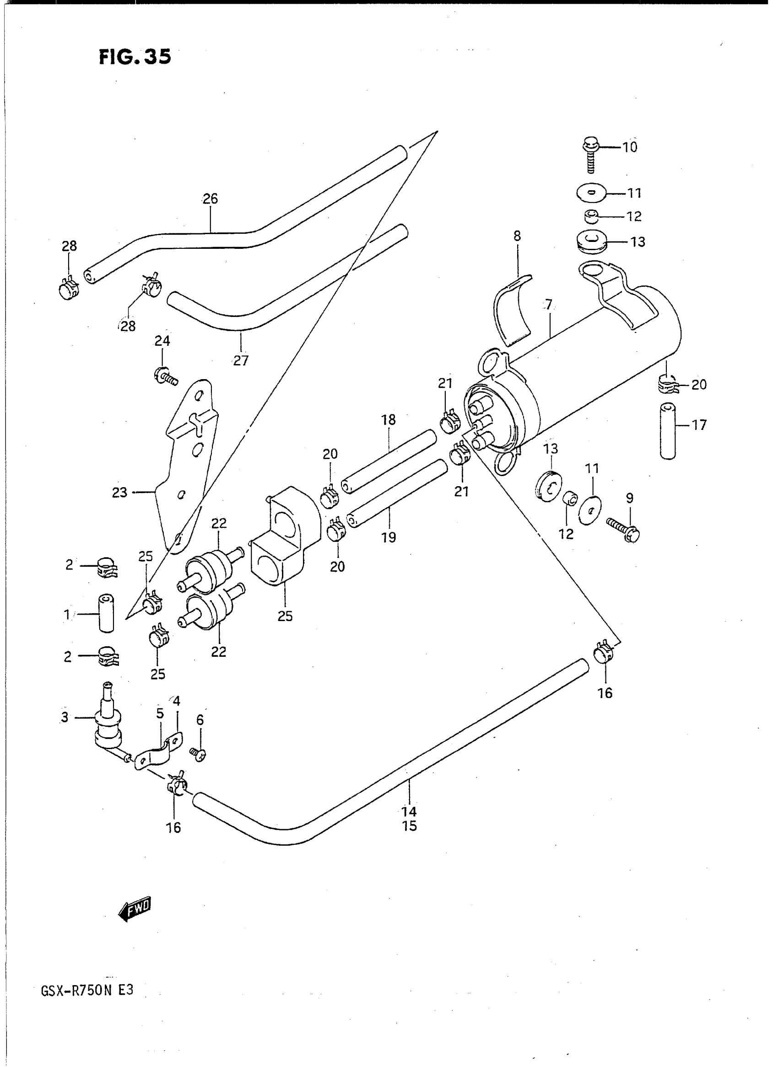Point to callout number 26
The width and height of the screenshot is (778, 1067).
210,199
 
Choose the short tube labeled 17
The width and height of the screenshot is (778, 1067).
668,430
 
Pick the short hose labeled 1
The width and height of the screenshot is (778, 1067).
106,614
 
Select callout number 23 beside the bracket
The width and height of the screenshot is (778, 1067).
119,492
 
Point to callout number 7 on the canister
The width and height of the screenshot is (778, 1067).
548,305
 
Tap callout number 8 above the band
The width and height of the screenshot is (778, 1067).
517,236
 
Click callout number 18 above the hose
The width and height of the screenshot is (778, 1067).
389,419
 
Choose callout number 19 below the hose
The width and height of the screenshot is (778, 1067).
389,537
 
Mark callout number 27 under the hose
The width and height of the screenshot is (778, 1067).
241,360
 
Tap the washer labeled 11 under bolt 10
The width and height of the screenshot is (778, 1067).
591,193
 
